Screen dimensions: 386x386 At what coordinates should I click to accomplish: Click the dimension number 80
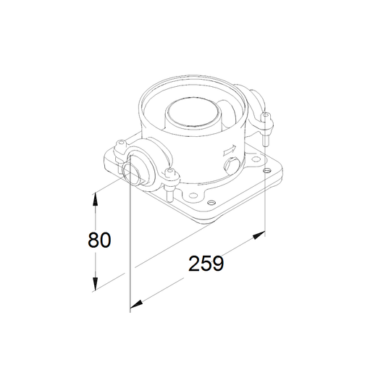point(99,240)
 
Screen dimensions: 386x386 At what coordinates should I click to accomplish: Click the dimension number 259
point(206,264)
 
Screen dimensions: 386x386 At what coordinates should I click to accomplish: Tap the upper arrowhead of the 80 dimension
point(95,199)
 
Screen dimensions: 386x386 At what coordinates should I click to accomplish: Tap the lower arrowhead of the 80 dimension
point(95,284)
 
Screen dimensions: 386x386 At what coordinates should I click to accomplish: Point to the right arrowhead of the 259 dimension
point(259,235)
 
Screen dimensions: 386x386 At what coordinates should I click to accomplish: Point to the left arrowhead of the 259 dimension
point(136,304)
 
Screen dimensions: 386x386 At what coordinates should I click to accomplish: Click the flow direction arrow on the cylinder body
point(230,150)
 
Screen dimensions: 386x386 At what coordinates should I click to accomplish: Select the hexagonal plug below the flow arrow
point(230,166)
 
